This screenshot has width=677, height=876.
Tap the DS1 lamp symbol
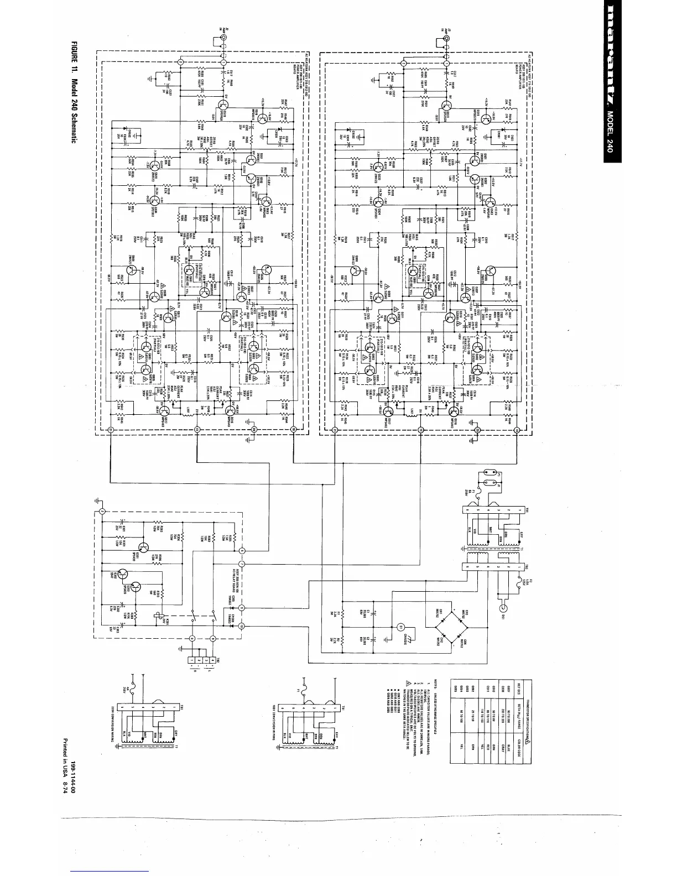point(504,608)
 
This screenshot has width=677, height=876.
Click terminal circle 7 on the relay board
point(242,565)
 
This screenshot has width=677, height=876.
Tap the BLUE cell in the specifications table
point(508,749)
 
